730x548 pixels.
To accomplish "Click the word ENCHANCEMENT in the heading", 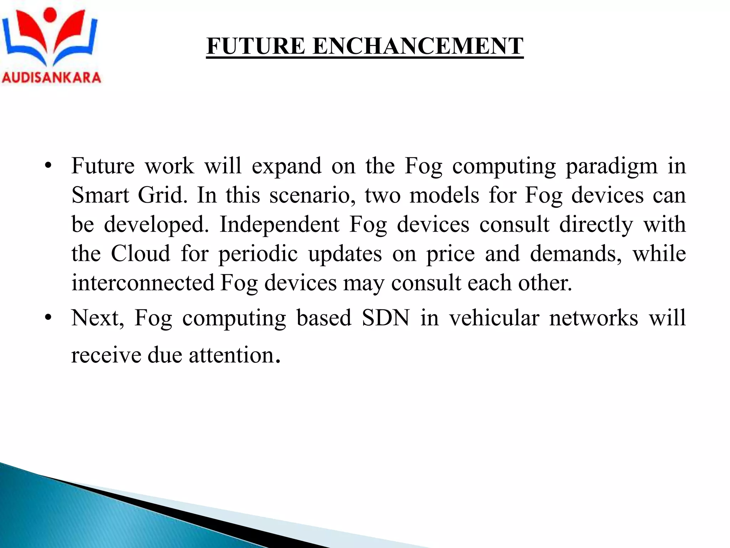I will [x=418, y=46].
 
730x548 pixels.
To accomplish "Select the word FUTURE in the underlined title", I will [x=256, y=46].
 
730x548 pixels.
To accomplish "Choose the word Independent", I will [x=279, y=225].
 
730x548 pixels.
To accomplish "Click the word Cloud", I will [x=140, y=254].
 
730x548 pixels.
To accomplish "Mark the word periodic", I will [x=258, y=254].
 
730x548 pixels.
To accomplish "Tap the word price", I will [x=451, y=254].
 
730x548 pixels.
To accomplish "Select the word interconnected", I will [x=143, y=283].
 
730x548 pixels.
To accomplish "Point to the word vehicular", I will [x=494, y=318].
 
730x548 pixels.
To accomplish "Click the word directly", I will [x=596, y=225].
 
